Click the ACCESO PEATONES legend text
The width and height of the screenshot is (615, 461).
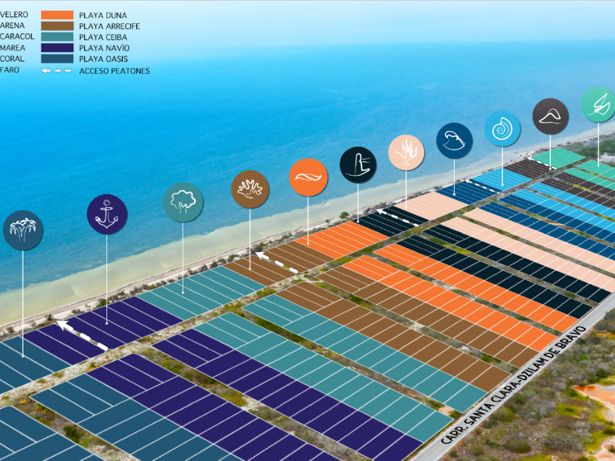pyautogui.click(x=114, y=71)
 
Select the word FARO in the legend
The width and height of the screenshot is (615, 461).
pyautogui.click(x=10, y=70)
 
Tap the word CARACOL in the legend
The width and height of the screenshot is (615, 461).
pyautogui.click(x=17, y=37)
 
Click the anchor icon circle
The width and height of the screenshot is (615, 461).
pyautogui.click(x=107, y=214)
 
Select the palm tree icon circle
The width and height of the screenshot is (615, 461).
pyautogui.click(x=23, y=230)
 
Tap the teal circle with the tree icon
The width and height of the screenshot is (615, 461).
pyautogui.click(x=183, y=202)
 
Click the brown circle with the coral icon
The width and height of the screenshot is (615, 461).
pyautogui.click(x=250, y=189)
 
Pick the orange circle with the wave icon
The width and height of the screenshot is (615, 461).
pyautogui.click(x=308, y=177)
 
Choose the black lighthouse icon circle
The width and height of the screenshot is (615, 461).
pyautogui.click(x=358, y=165)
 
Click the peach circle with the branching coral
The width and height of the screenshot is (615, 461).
pyautogui.click(x=406, y=153)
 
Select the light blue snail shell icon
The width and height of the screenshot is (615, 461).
pyautogui.click(x=502, y=129)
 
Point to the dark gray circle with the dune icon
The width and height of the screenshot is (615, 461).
pyautogui.click(x=551, y=116)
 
